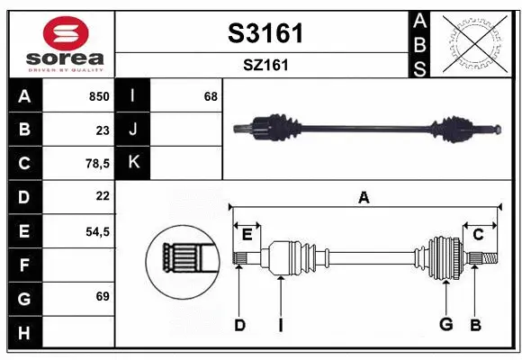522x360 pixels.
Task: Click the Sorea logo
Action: click(x=62, y=44)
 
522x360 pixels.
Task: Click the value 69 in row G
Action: click(x=102, y=296)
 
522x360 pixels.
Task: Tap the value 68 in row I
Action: click(x=211, y=96)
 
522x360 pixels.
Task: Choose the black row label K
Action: click(x=133, y=163)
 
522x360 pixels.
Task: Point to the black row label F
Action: click(x=24, y=265)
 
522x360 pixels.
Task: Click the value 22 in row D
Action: click(x=102, y=195)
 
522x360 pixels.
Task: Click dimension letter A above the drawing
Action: click(x=364, y=198)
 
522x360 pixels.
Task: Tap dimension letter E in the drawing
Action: click(x=247, y=234)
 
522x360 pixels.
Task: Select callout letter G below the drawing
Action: click(x=445, y=325)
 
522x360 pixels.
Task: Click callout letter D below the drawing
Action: click(x=239, y=325)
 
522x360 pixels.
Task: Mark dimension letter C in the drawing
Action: click(x=479, y=234)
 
